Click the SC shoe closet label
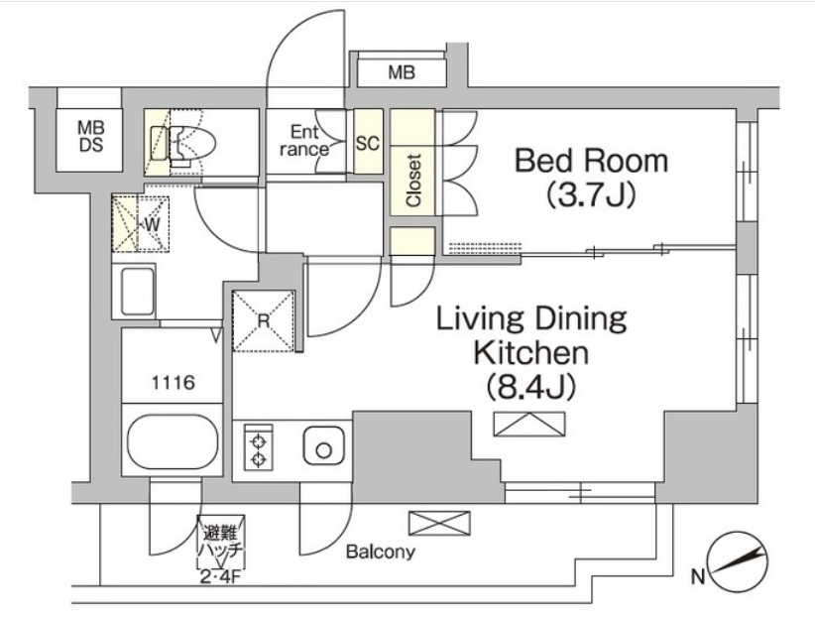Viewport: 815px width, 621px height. click(367, 143)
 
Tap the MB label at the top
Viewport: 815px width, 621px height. click(401, 72)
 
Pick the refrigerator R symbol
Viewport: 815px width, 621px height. click(263, 320)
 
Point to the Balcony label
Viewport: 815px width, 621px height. click(380, 552)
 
